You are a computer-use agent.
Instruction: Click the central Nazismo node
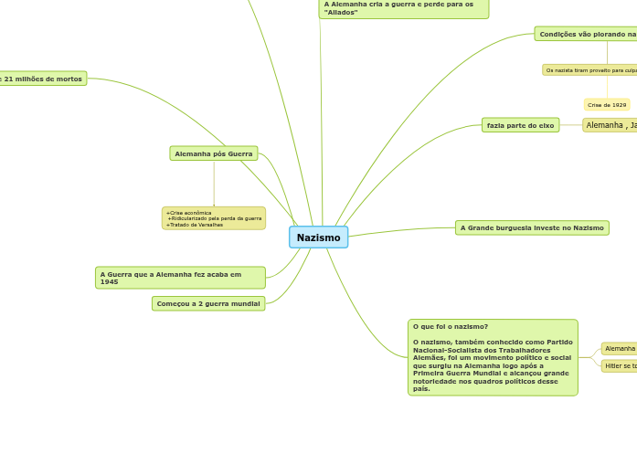318,237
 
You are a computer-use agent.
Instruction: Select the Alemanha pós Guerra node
214,153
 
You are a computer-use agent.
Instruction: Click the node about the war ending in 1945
180,278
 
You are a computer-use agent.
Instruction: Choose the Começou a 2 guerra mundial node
208,303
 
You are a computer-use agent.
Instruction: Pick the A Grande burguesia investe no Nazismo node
532,227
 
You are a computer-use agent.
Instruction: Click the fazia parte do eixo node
520,125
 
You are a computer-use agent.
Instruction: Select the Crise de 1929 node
607,105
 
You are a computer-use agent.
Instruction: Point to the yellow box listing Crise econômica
214,218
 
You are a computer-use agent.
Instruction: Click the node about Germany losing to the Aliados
403,8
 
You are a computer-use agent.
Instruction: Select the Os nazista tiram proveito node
590,69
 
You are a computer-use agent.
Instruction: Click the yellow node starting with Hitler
620,366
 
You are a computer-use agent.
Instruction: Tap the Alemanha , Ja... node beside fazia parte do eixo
610,125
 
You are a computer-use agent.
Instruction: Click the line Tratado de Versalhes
196,225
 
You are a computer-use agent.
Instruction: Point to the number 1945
110,282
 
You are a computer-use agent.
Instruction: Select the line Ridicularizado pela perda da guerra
216,218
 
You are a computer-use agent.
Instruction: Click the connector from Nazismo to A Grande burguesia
402,230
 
